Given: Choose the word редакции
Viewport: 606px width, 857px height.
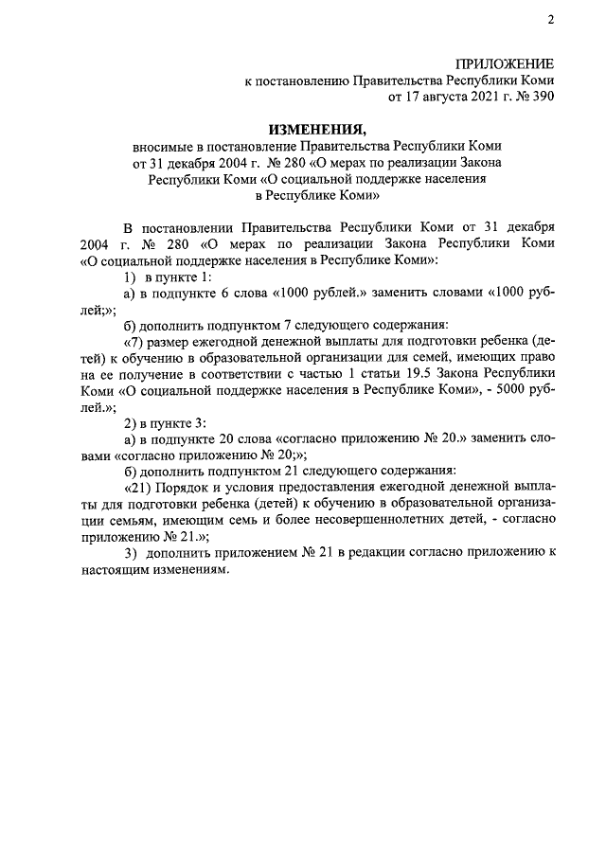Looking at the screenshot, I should tap(379, 554).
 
